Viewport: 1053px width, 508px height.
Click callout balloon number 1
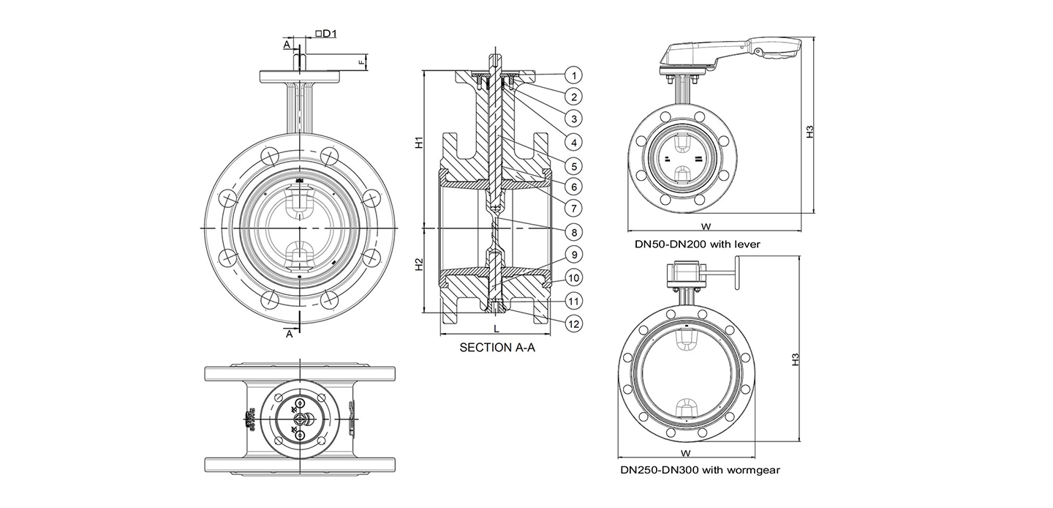pyautogui.click(x=575, y=75)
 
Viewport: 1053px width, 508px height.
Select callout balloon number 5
pyautogui.click(x=575, y=165)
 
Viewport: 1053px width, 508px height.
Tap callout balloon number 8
pyautogui.click(x=575, y=232)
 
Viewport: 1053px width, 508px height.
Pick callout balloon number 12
pyautogui.click(x=575, y=323)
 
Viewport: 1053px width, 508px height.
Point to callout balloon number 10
pyautogui.click(x=575, y=277)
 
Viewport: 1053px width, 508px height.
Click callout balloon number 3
pyautogui.click(x=575, y=119)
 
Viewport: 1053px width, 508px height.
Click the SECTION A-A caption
pyautogui.click(x=497, y=348)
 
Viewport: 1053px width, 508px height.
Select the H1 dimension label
pyautogui.click(x=419, y=143)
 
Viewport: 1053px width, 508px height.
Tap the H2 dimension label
pyautogui.click(x=419, y=265)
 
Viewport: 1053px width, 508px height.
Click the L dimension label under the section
pyautogui.click(x=496, y=329)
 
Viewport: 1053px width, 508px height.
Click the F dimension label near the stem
pyautogui.click(x=361, y=63)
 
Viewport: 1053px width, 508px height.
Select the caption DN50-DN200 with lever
pyautogui.click(x=698, y=244)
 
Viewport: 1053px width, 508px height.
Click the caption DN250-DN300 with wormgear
pyautogui.click(x=700, y=470)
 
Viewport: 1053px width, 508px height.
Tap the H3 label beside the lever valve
pyautogui.click(x=809, y=131)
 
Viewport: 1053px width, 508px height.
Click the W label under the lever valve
pyautogui.click(x=706, y=226)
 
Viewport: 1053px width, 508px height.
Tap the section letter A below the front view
pyautogui.click(x=290, y=334)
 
